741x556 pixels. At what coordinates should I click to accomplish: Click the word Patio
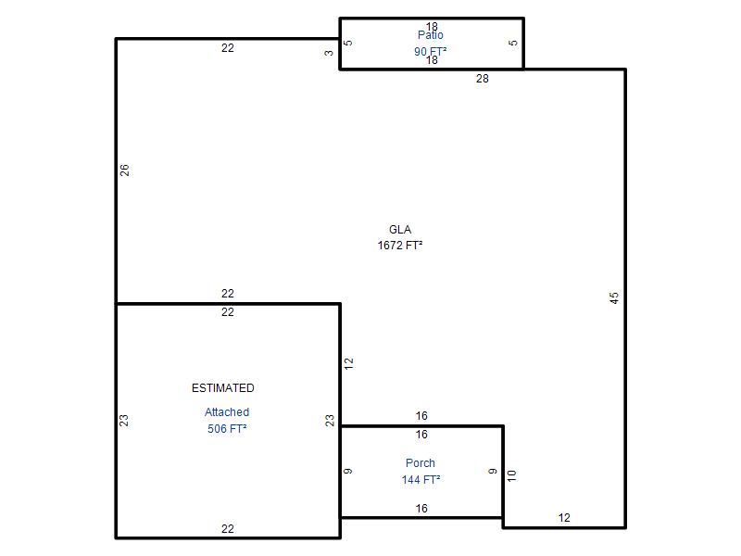430,35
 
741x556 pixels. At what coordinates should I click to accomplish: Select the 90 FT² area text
430,51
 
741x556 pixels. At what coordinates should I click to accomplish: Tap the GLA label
400,229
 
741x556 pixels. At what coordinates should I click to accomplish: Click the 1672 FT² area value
400,245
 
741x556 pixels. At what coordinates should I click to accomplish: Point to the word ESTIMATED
223,387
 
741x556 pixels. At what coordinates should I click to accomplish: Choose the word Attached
227,411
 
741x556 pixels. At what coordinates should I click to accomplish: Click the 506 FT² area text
227,428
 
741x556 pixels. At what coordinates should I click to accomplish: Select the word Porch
421,462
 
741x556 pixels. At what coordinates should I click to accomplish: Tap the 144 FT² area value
421,479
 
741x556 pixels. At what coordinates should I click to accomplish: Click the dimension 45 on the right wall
613,297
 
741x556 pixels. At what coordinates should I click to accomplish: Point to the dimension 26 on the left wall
124,171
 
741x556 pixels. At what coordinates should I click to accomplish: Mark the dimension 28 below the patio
482,79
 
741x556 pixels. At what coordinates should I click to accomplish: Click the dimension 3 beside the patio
329,53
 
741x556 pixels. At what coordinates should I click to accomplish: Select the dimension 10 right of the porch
512,475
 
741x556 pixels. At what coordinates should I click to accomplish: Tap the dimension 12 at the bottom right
564,518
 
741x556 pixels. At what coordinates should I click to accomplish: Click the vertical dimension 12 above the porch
349,363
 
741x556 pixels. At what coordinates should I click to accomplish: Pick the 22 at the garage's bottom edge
227,528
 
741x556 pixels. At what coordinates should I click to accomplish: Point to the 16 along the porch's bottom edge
421,508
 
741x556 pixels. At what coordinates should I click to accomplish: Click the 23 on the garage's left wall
124,421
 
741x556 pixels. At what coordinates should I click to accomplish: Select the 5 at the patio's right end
513,43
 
